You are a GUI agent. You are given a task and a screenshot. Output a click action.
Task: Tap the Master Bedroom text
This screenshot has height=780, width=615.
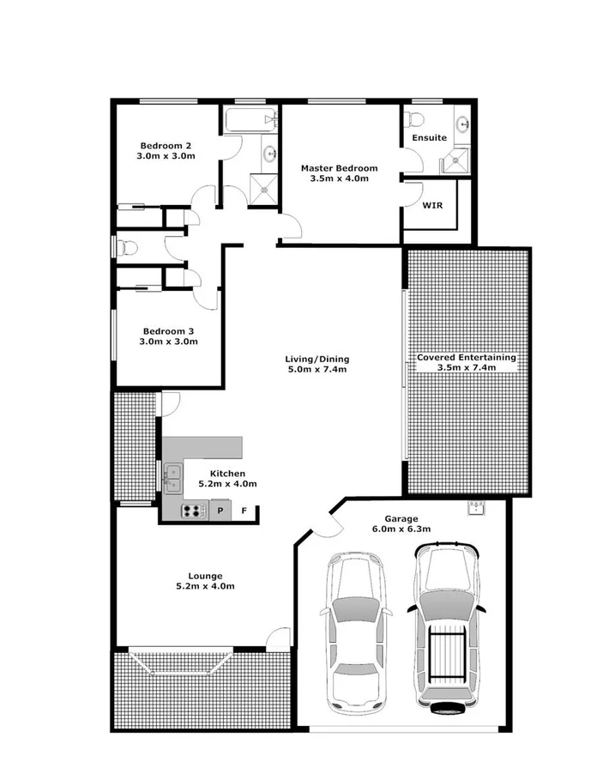339,168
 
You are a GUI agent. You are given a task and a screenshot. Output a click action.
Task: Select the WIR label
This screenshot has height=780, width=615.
432,206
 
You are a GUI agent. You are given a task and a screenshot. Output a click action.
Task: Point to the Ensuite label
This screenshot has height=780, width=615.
429,137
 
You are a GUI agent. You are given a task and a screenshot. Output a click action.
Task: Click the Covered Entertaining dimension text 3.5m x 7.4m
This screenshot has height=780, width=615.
467,369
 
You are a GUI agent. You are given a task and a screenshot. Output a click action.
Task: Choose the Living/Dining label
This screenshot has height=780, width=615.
317,359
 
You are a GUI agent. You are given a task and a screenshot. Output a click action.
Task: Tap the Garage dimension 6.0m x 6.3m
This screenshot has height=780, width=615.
401,529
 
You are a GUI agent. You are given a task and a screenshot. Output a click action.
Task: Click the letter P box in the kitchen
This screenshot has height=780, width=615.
220,511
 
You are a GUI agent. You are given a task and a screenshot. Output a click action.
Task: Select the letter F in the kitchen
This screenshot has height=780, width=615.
244,511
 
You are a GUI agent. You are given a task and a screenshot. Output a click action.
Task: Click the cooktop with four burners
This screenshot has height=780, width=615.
194,511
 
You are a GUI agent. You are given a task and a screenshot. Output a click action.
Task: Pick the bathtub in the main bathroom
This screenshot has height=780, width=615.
249,121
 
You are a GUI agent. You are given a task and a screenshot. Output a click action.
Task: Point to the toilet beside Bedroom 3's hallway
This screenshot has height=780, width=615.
127,248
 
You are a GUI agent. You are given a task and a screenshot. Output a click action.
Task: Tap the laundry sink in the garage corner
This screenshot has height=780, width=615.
476,509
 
